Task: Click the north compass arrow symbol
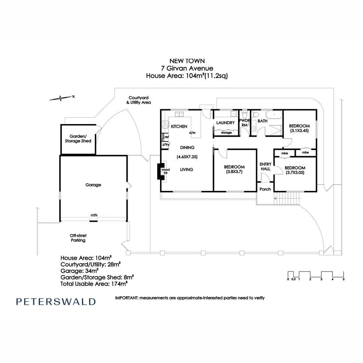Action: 61,98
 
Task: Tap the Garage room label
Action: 93,185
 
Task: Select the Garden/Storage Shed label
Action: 78,139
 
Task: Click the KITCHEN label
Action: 179,126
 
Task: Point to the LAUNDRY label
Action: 225,123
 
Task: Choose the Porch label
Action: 265,189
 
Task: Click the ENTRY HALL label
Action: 266,166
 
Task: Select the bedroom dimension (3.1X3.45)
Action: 299,130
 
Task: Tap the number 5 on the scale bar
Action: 344,279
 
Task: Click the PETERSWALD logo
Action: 56,301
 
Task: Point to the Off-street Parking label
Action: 78,238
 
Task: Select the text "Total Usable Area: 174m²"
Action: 94,284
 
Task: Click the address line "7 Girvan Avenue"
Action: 187,68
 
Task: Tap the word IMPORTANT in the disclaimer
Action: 126,298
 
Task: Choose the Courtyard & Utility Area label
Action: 138,100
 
